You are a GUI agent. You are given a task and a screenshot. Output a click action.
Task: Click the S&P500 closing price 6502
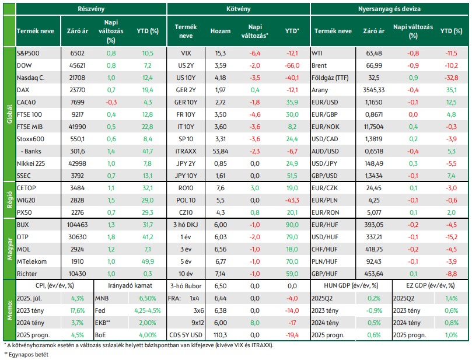[78, 53]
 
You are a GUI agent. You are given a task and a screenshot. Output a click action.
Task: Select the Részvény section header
[91, 9]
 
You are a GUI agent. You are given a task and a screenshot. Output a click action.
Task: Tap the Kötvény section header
[239, 9]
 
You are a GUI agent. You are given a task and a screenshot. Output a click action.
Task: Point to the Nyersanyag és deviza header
[389, 9]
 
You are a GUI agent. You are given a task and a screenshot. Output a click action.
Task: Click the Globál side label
[10, 114]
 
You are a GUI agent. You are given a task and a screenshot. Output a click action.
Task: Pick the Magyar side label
[10, 249]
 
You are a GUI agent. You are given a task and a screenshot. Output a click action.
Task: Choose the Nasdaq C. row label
[31, 78]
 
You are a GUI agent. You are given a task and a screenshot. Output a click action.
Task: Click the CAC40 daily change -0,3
[111, 102]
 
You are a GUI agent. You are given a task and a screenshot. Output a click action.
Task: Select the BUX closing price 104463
[78, 225]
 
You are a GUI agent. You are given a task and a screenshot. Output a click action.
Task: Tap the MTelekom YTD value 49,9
[148, 261]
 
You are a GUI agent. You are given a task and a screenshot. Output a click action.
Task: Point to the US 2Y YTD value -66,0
[292, 65]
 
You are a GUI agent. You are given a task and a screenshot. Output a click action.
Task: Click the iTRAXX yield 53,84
[221, 151]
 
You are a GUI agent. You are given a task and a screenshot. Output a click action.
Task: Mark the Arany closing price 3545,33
[374, 90]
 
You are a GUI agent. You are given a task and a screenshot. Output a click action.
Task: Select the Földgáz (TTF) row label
[330, 78]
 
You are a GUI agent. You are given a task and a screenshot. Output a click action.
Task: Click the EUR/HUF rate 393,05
[374, 225]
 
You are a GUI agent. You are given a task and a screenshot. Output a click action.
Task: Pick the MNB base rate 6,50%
[148, 298]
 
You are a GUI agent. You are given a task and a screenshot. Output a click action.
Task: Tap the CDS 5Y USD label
[186, 335]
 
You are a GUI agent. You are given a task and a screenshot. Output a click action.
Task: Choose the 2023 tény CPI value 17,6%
[78, 310]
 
